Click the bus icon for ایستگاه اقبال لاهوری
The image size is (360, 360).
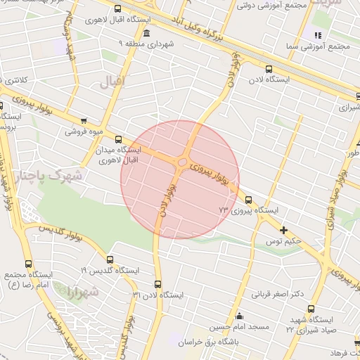pos(117,9)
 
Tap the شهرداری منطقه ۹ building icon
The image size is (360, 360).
pos(146,33)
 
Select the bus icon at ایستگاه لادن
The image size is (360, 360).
pos(269,68)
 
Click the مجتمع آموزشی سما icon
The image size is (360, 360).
pos(318,34)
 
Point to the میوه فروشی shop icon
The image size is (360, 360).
pos(85,120)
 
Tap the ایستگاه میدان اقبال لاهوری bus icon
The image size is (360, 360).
pos(118,139)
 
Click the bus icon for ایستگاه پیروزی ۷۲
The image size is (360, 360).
pos(248,199)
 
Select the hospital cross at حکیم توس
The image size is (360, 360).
pos(284,230)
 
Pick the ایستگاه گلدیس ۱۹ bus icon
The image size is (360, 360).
pos(109,259)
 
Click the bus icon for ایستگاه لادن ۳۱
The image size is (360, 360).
pos(157,285)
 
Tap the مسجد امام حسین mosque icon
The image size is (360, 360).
pos(239,316)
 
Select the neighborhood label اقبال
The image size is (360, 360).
pos(112,82)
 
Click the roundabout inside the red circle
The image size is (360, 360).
pos(181,163)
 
